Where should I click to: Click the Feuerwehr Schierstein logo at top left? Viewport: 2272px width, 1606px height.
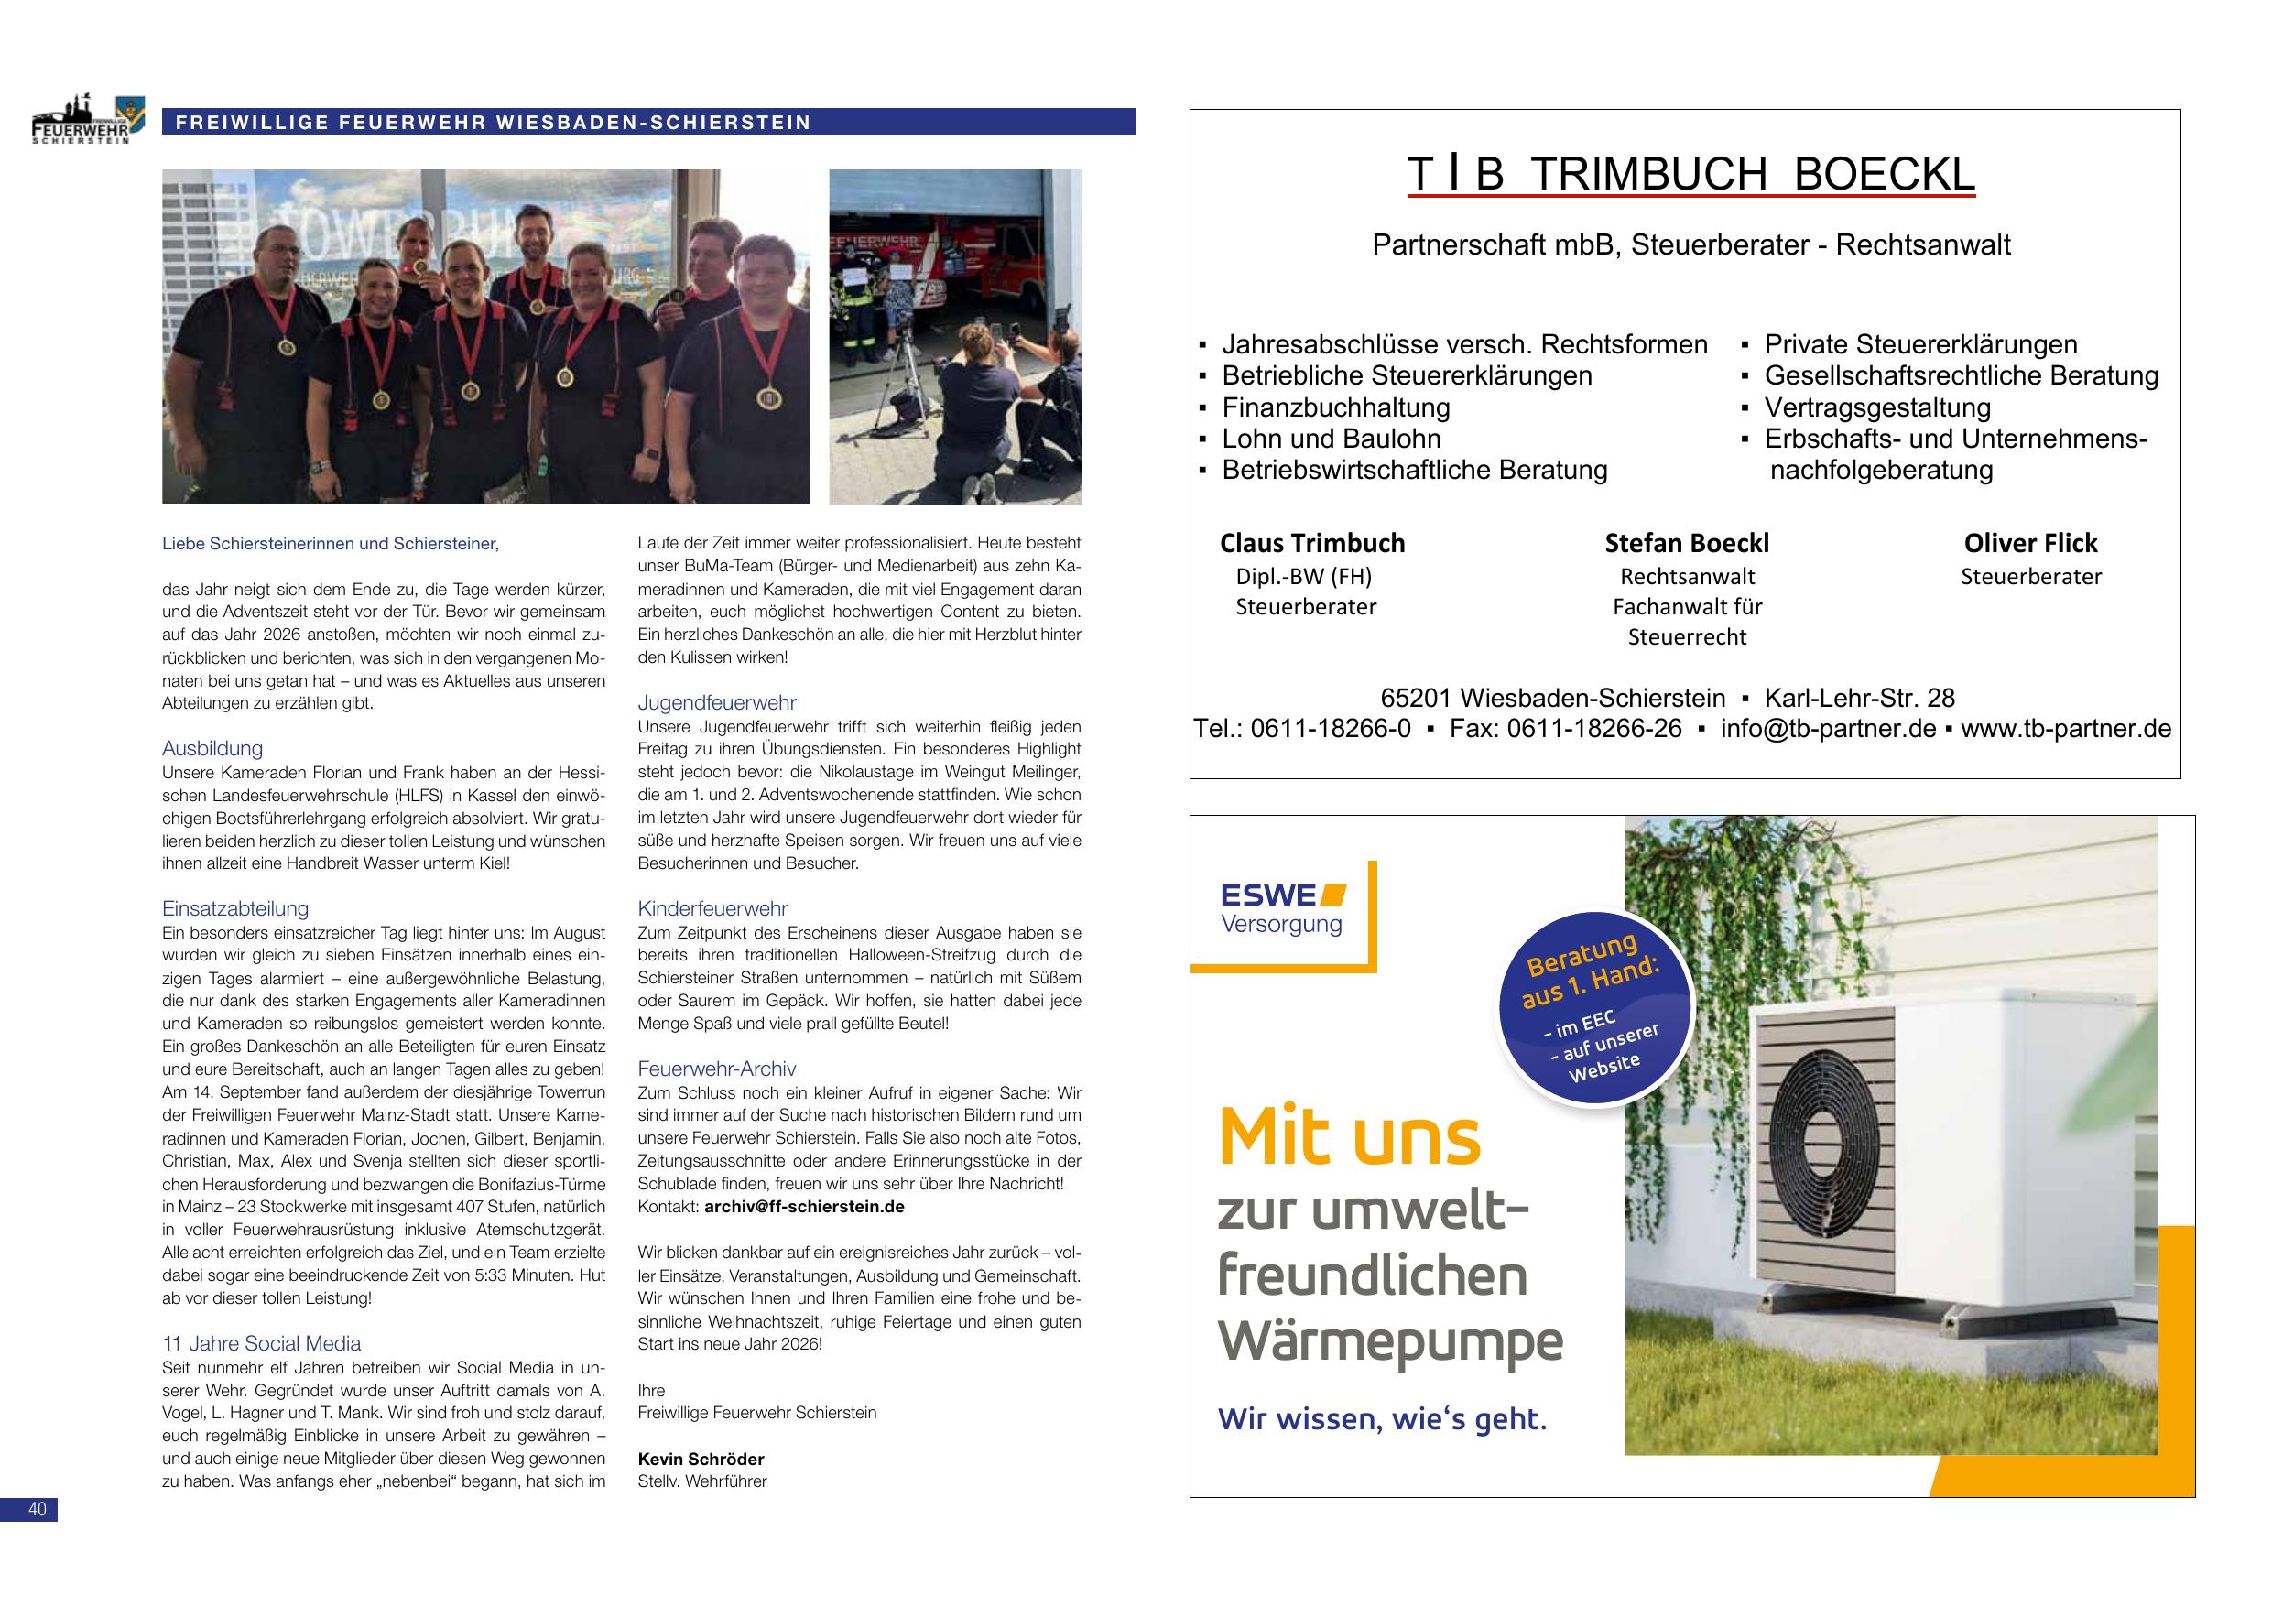[87, 121]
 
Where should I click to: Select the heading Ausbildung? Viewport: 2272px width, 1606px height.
[212, 749]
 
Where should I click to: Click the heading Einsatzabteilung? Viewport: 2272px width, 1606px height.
[235, 908]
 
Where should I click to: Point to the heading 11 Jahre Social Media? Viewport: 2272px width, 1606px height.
[261, 1344]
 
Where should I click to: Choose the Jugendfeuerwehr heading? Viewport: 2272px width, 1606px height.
[717, 703]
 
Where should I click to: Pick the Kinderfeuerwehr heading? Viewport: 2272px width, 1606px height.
[712, 908]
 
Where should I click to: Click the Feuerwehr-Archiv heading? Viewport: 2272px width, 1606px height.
[717, 1069]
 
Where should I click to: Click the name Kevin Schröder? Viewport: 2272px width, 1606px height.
[701, 1459]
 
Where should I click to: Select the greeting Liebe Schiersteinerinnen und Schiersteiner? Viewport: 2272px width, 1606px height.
[331, 543]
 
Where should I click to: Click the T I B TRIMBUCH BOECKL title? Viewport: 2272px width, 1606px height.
[1690, 175]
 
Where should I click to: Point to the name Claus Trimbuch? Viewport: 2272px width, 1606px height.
[1312, 543]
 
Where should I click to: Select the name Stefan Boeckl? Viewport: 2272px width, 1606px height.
[1687, 543]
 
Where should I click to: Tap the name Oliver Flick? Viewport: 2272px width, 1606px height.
[2030, 543]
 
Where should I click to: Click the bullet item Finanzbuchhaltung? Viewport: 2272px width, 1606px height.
[1336, 407]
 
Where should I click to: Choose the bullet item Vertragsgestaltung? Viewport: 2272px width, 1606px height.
[1877, 407]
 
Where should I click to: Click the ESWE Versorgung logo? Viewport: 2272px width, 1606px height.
[1282, 909]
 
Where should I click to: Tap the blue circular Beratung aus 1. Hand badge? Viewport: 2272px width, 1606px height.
[1593, 1009]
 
